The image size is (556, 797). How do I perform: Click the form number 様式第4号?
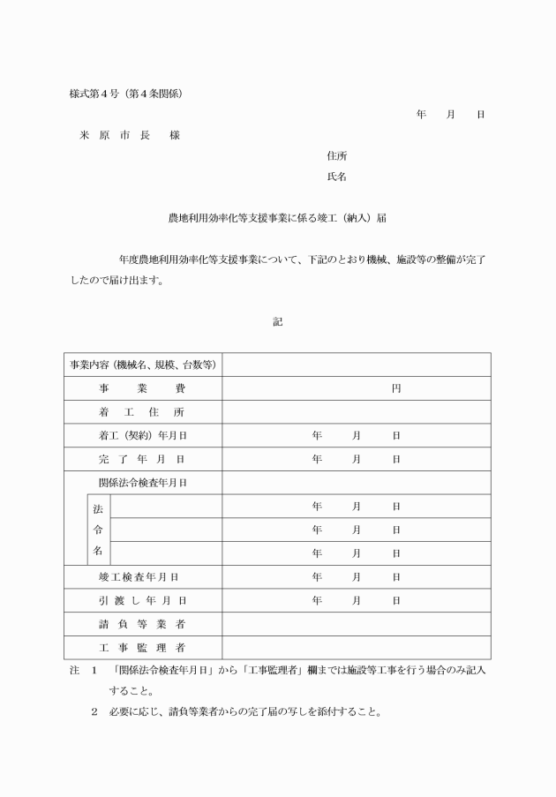(x=93, y=94)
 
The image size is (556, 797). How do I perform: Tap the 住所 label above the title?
(x=336, y=155)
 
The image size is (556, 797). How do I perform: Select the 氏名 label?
(x=336, y=177)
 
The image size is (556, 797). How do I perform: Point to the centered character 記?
(x=277, y=322)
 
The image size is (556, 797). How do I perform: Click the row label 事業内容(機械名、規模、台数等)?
(x=143, y=365)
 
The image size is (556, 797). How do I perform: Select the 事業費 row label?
(x=142, y=388)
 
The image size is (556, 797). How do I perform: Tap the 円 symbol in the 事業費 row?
(x=396, y=388)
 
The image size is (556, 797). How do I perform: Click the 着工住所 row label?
(x=142, y=412)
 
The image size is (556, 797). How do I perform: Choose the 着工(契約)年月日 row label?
(x=142, y=435)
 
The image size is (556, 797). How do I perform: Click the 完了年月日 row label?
(x=142, y=459)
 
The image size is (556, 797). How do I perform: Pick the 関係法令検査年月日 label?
(x=142, y=483)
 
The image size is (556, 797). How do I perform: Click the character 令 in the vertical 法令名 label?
(x=98, y=530)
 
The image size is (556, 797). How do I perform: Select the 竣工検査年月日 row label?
(x=142, y=577)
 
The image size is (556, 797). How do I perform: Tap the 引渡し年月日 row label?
(x=142, y=600)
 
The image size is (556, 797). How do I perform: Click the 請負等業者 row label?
(x=142, y=624)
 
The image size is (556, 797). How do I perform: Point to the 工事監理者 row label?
(x=142, y=648)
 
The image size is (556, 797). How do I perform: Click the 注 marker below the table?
(x=74, y=671)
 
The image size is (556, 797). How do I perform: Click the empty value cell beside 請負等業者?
(x=356, y=624)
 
